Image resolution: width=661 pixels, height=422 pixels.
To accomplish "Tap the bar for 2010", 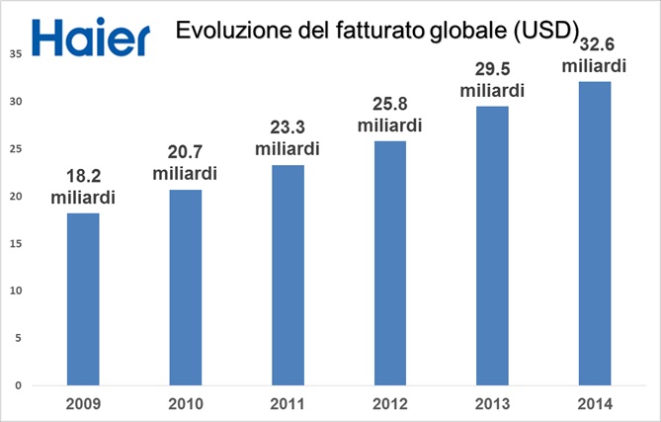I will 185,287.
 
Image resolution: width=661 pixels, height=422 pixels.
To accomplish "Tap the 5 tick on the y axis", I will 18,338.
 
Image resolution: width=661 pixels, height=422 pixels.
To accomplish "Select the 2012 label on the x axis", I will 389,403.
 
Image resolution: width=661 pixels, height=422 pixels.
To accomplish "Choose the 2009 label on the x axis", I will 83,403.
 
